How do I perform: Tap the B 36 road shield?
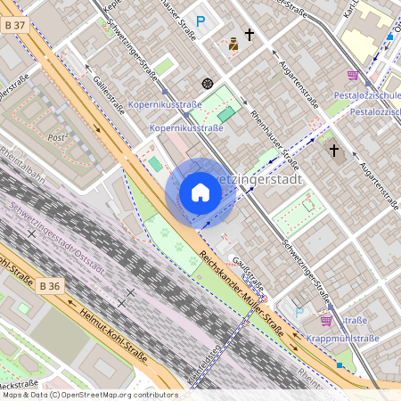[x=51, y=286]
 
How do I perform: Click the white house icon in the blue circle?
[x=200, y=192]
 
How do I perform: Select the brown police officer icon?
[x=233, y=43]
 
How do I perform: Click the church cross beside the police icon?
[x=250, y=36]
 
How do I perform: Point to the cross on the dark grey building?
[x=334, y=151]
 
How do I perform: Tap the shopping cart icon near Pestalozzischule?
[x=353, y=75]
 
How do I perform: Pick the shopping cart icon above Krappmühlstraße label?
[x=326, y=320]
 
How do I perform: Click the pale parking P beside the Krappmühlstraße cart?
[x=299, y=314]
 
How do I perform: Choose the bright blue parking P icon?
[x=200, y=20]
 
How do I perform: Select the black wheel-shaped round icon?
[x=208, y=83]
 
